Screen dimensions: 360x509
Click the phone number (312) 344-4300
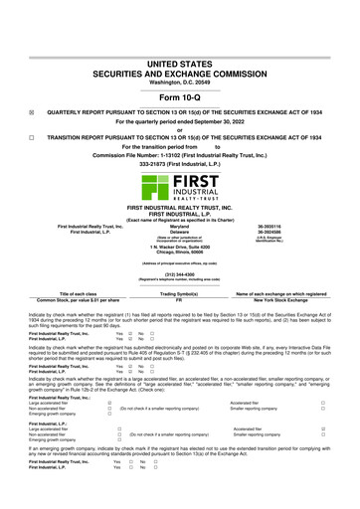[179, 272]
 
